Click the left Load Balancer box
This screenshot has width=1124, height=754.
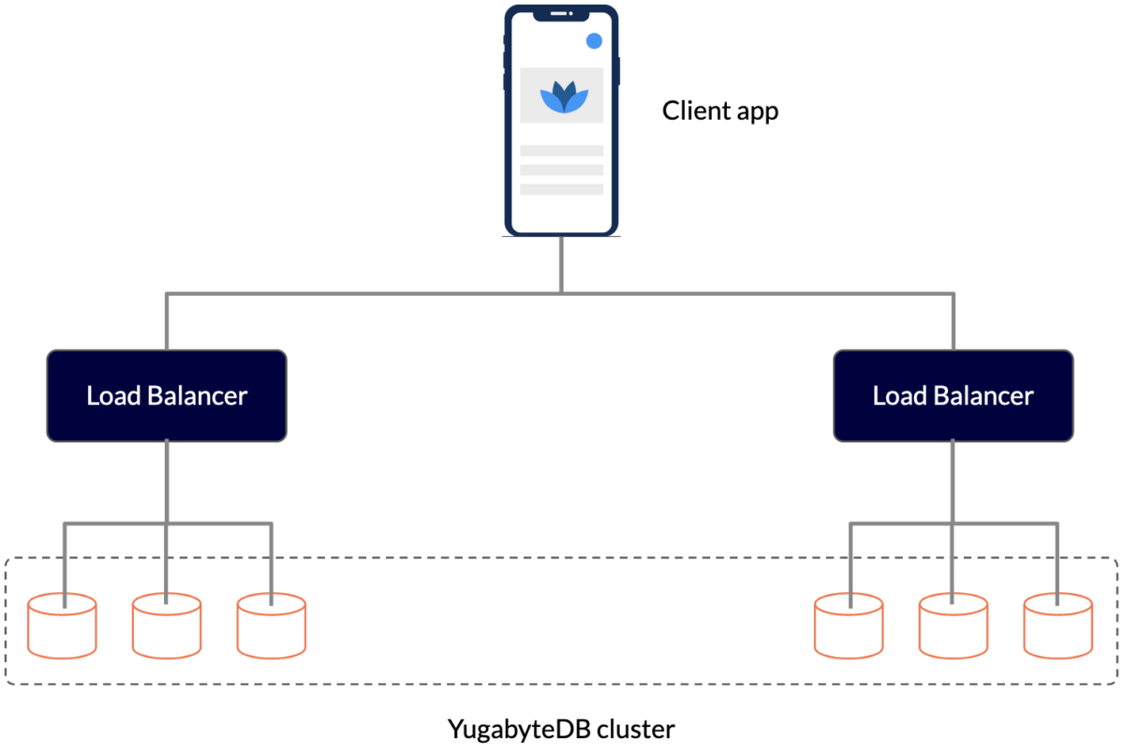(167, 395)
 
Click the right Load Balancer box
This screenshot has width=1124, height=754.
(953, 395)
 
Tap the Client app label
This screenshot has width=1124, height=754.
(719, 111)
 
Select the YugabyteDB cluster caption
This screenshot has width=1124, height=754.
(561, 729)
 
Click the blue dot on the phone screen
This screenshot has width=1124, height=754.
(593, 41)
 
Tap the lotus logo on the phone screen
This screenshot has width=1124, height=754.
(561, 96)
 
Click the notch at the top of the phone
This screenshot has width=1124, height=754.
(561, 13)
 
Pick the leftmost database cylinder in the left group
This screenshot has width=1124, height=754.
(62, 625)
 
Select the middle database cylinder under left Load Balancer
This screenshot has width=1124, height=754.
(167, 625)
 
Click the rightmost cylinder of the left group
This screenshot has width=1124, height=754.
(271, 625)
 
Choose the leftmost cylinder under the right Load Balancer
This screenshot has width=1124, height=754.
(849, 625)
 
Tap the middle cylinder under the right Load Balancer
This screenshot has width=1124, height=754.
(953, 625)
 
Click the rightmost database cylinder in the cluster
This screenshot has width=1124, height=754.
(1057, 625)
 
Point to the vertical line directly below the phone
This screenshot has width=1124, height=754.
(561, 264)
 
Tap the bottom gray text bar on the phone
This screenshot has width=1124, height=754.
(561, 189)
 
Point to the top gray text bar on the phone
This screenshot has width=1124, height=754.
(561, 151)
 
